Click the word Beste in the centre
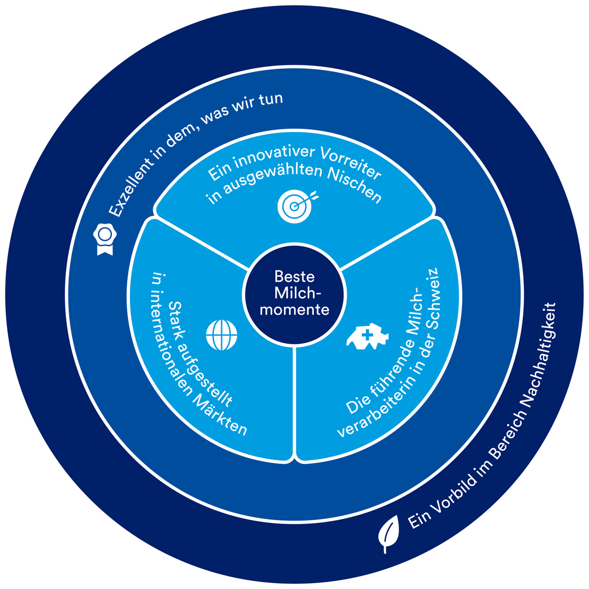pyautogui.click(x=294, y=276)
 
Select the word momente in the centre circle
pyautogui.click(x=294, y=310)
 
